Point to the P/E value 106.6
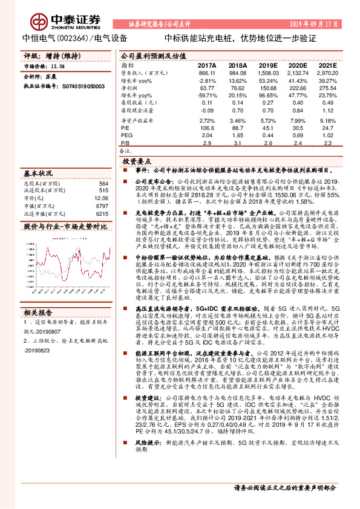point(208,128)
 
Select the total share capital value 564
point(103,183)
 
